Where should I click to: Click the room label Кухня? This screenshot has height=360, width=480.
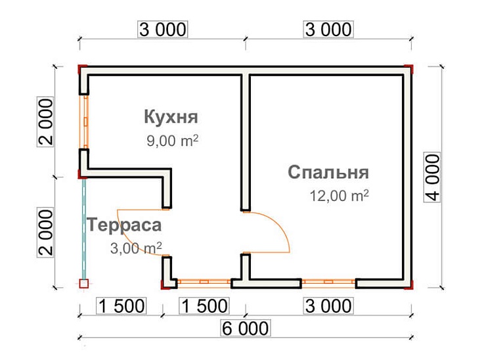point(171,118)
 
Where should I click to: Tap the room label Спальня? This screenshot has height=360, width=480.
point(328,173)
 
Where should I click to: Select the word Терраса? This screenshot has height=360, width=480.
point(123,225)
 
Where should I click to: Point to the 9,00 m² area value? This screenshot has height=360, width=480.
point(173,141)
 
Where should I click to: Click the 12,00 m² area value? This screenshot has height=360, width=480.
point(339,196)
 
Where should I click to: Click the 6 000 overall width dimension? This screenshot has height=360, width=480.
point(244,328)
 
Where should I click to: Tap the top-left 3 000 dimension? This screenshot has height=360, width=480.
point(162,30)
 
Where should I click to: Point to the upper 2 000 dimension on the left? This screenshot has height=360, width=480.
point(45,122)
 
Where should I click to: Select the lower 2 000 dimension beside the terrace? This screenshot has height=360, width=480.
point(45,233)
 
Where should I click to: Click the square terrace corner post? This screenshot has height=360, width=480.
point(83,284)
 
